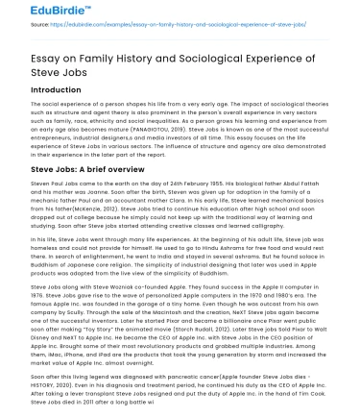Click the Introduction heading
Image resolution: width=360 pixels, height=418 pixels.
(56, 89)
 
